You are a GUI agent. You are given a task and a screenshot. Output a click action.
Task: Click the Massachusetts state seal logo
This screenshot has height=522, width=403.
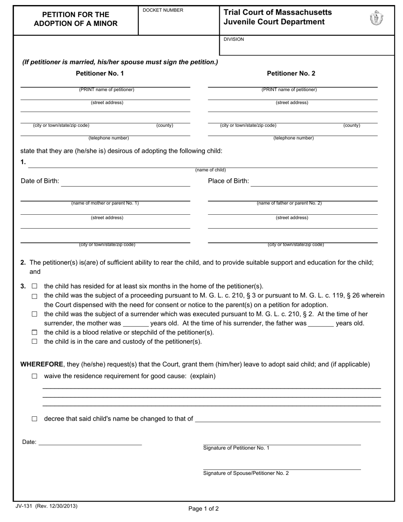tap(376, 18)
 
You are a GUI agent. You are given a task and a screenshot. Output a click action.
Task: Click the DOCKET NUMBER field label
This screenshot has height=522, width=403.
tap(163, 10)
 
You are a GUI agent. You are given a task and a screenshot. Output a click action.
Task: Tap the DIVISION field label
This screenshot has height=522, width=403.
tap(234, 39)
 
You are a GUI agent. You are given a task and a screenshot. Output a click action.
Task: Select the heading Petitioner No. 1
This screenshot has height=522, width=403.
tap(100, 73)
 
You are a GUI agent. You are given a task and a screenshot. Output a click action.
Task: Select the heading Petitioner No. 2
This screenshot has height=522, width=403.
tap(291, 73)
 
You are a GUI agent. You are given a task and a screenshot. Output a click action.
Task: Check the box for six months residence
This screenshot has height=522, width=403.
tap(35, 286)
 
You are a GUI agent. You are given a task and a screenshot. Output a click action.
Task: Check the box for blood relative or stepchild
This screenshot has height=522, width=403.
tap(35, 332)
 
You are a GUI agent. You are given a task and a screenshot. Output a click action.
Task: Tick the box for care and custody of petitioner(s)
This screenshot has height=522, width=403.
tap(35, 341)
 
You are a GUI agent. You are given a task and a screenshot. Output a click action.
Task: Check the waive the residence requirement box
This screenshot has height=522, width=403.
tap(35, 376)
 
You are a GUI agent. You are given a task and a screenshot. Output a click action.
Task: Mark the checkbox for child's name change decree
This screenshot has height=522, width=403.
tap(35, 419)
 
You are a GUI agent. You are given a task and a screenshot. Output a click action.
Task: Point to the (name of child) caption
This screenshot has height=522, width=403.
tap(210, 170)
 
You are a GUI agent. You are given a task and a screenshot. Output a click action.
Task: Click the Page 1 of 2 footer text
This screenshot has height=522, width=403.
tap(204, 508)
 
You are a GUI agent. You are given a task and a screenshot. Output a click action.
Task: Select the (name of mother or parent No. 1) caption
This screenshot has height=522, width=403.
tap(105, 203)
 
